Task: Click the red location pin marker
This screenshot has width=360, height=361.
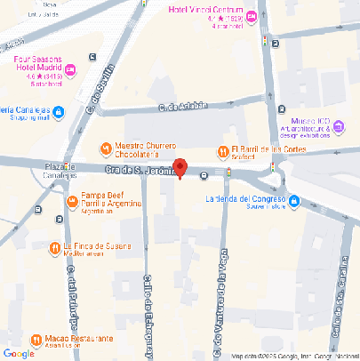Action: tap(180, 167)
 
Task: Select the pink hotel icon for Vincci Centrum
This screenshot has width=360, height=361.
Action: tap(252, 16)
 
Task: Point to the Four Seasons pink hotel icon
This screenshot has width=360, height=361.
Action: tap(71, 70)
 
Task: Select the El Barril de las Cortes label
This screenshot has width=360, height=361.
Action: tap(269, 153)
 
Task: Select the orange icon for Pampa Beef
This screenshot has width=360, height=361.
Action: tap(72, 201)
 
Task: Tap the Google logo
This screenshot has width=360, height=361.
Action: tap(20, 353)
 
